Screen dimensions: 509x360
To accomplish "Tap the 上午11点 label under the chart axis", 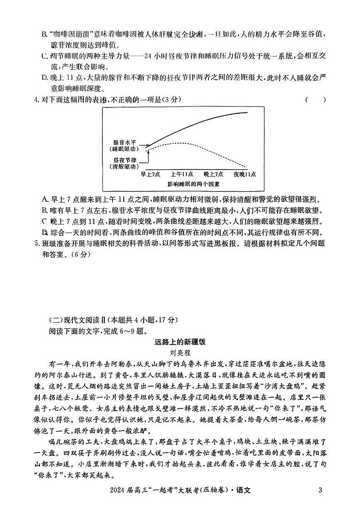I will point(182,174).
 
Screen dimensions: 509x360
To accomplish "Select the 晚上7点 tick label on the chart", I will point(213,174).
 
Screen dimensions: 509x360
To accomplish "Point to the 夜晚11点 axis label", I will point(245,174).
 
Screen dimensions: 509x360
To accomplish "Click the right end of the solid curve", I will point(248,112).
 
